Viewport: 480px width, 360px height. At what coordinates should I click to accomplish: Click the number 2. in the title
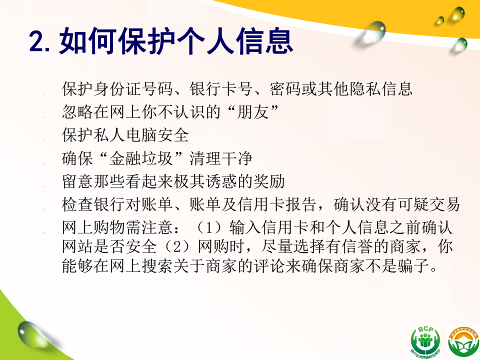pos(39,41)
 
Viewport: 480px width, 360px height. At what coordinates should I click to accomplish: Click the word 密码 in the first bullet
pos(285,89)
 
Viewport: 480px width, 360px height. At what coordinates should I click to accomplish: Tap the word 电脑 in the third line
pos(141,135)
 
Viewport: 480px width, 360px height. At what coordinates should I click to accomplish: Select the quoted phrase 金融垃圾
pos(141,158)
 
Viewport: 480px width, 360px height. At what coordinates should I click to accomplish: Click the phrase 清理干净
pos(221,158)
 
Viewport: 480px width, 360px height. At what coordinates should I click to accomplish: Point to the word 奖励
pos(269,181)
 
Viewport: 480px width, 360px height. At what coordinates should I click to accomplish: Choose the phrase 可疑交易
pos(428,204)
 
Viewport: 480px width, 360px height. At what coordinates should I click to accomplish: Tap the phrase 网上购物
pos(93,227)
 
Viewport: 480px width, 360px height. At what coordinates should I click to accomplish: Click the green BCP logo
pos(426,341)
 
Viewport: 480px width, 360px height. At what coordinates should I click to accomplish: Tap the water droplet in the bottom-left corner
pos(30,334)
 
